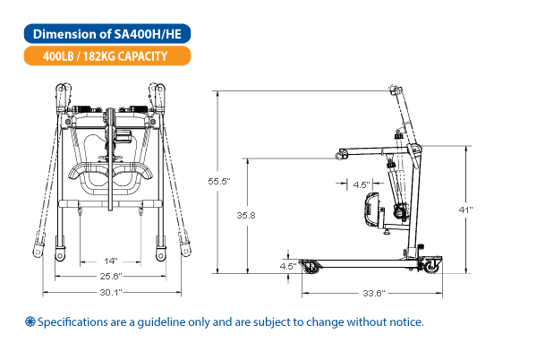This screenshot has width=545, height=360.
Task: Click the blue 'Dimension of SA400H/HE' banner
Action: click(107, 34)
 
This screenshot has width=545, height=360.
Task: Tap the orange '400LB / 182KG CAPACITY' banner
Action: click(107, 56)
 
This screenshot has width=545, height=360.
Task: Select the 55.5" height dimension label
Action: click(219, 181)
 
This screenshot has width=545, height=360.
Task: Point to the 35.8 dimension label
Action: click(246, 216)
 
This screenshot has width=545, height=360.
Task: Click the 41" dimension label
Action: click(465, 210)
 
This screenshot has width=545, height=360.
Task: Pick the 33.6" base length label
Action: click(374, 293)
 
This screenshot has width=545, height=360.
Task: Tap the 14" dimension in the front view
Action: click(111, 261)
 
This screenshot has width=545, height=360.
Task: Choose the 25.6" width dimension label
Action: click(111, 276)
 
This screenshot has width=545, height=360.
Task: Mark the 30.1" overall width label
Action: click(111, 292)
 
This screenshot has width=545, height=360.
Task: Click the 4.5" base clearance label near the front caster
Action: click(288, 267)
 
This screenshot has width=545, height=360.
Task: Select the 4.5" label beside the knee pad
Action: click(362, 184)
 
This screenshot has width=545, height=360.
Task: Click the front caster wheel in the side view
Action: click(310, 267)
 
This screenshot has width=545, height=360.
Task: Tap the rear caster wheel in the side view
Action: click(430, 267)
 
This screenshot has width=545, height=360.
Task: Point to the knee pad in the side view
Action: click(371, 209)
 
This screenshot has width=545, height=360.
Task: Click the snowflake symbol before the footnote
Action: click(30, 321)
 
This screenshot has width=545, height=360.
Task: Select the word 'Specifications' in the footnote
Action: click(72, 322)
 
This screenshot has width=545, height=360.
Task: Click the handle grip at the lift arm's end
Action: click(341, 154)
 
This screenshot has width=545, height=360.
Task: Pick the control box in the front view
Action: click(123, 136)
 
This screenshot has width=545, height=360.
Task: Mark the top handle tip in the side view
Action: click(395, 90)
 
